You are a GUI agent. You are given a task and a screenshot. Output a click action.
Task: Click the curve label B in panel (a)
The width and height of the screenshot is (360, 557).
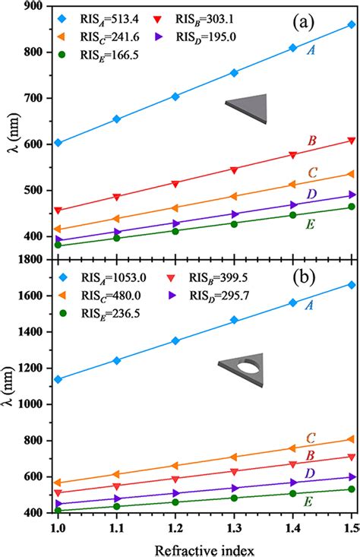pyautogui.click(x=332, y=141)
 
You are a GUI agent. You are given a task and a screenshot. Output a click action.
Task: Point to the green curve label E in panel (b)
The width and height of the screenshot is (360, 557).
pyautogui.click(x=332, y=501)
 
